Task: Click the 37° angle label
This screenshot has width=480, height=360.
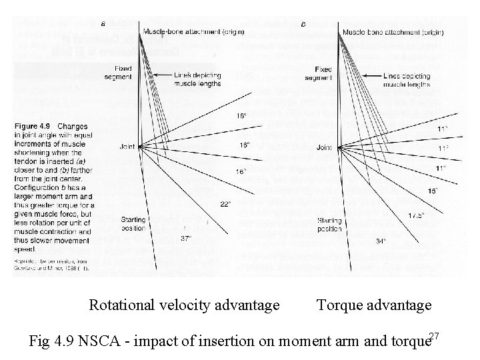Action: (x=186, y=238)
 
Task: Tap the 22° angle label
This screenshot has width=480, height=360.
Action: (x=225, y=204)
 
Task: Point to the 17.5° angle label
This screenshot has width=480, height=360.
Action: (x=417, y=216)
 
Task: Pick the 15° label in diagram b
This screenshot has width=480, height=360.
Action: (x=432, y=191)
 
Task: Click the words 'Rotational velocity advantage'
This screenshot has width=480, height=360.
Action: (x=185, y=305)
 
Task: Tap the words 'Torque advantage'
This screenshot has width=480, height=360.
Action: (x=374, y=305)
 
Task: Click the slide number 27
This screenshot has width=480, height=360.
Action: (x=434, y=335)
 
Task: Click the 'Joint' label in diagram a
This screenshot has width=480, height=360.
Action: (x=128, y=145)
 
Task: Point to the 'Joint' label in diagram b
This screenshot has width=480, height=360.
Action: (x=325, y=147)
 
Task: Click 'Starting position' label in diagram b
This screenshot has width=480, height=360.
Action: (x=330, y=224)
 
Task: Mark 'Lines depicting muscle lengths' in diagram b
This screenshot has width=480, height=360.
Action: (x=407, y=81)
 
